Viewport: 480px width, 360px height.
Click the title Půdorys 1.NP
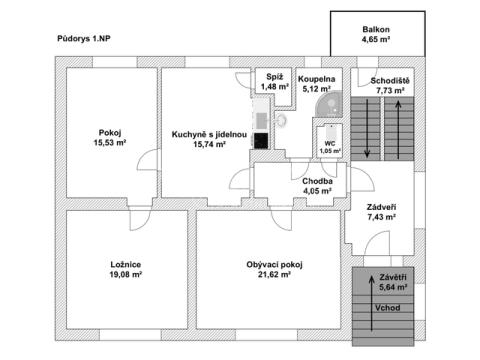84,39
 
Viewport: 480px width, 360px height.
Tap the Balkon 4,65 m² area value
376,39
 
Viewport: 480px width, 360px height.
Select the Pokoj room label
110,133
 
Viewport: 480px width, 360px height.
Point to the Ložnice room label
126,265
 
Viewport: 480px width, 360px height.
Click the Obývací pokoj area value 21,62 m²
274,275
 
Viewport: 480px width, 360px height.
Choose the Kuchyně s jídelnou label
209,134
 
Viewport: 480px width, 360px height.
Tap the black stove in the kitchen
261,141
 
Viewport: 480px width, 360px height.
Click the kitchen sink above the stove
261,120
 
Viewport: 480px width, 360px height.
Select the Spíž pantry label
274,77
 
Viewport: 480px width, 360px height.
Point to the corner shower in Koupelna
330,104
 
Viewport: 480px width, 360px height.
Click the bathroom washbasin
282,120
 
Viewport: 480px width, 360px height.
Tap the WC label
330,144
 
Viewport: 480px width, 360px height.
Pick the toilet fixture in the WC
331,132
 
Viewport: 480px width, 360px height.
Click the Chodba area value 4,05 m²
317,191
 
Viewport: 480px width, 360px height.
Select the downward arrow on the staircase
367,128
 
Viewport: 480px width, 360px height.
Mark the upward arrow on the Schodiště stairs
398,130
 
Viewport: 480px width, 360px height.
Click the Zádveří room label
382,207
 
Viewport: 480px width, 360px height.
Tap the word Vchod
387,308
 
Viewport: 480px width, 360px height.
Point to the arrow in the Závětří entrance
371,303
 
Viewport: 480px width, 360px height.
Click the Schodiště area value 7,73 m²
390,90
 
